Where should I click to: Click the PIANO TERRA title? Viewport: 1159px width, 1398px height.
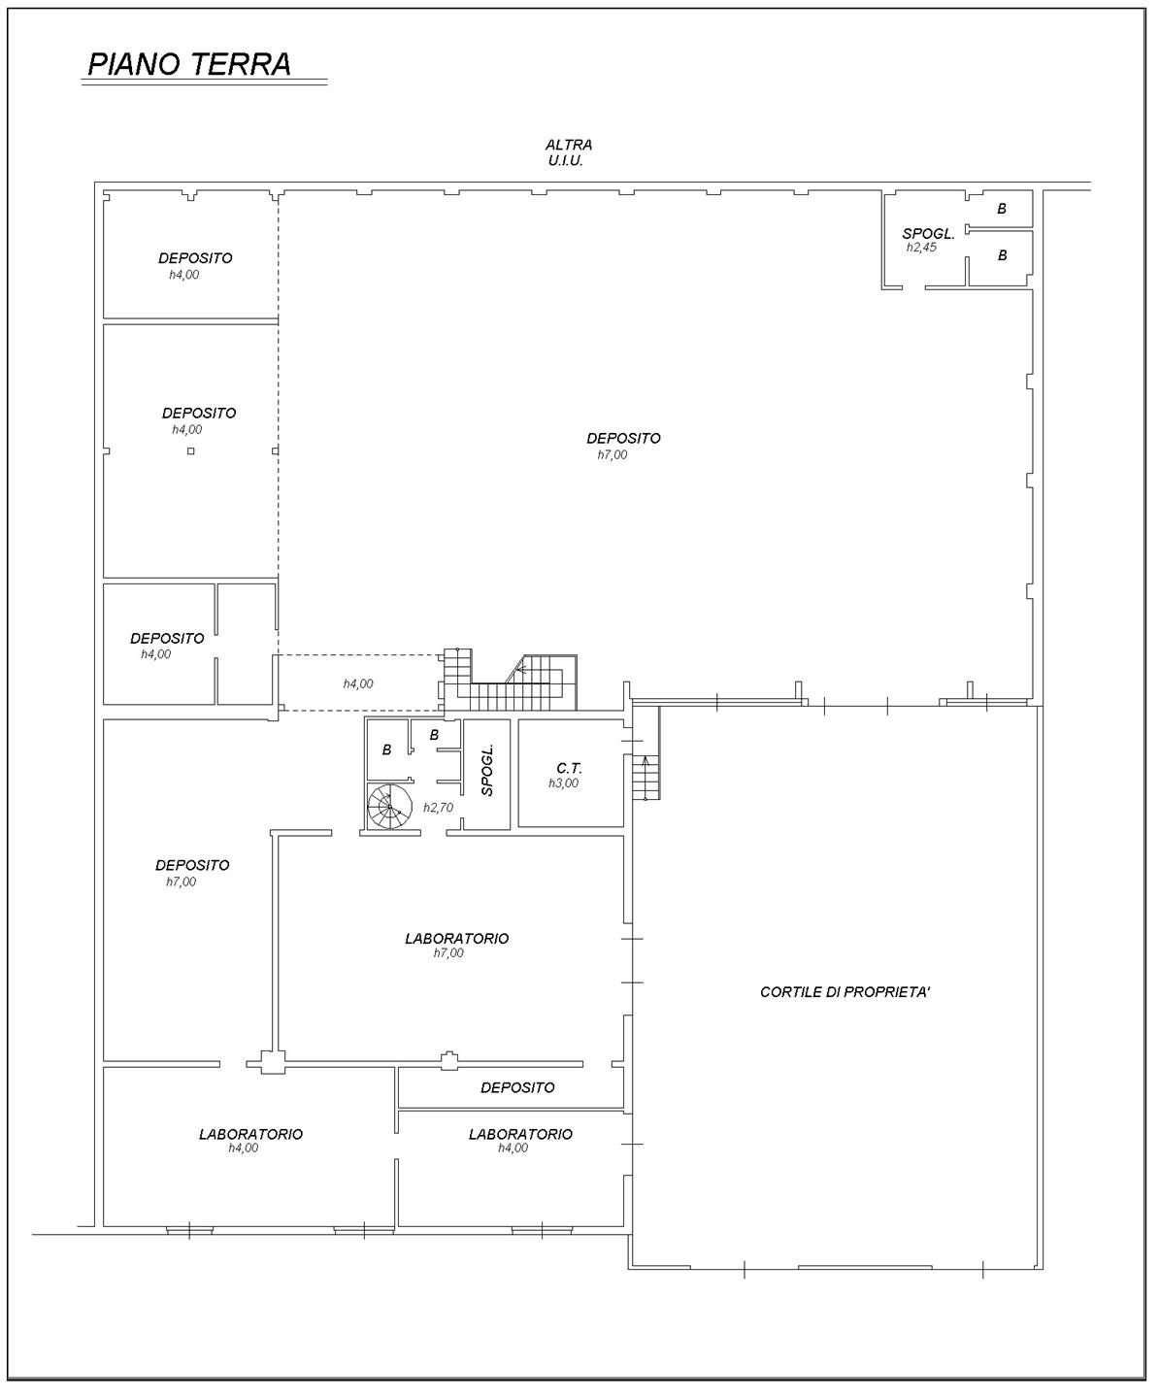[x=189, y=64]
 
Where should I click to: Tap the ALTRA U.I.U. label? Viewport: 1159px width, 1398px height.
[x=568, y=152]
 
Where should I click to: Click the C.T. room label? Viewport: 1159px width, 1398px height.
[x=569, y=769]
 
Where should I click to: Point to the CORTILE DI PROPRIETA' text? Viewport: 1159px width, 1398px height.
[x=844, y=992]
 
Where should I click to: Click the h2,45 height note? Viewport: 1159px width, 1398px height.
[x=921, y=247]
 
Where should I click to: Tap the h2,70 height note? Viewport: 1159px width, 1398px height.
[x=438, y=808]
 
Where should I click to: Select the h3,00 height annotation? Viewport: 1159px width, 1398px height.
[x=563, y=783]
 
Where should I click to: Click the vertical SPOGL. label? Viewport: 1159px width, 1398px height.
[x=487, y=769]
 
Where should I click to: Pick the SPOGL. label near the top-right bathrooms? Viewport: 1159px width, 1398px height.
[x=928, y=234]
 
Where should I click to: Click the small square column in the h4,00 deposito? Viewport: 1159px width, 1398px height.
[x=191, y=451]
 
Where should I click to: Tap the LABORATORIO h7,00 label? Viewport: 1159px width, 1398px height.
[x=456, y=945]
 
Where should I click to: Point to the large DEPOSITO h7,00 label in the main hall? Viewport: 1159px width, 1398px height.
[x=623, y=446]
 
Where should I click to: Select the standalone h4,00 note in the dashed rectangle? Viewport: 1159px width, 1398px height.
[x=358, y=683]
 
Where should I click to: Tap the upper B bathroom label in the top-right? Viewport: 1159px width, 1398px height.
[x=1002, y=209]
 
